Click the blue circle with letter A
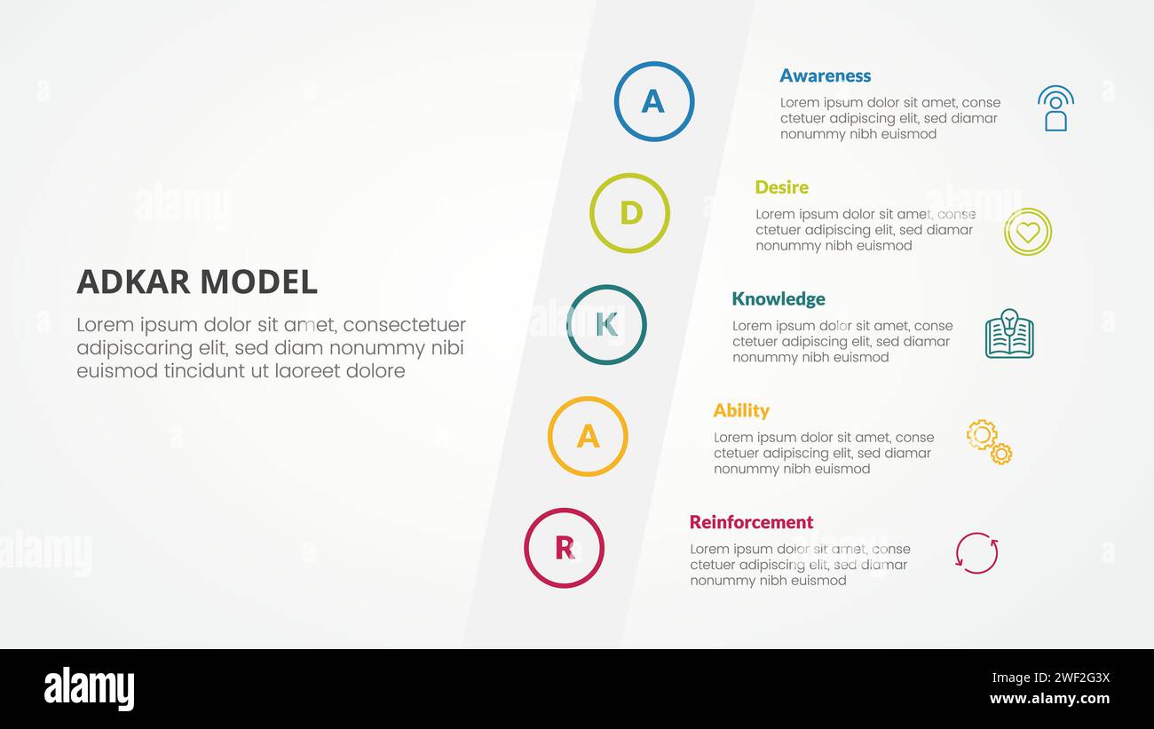pos(653,101)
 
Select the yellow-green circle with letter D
pos(629,213)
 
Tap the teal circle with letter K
pos(606,325)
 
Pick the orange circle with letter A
pos(588,436)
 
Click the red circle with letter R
pos(564,548)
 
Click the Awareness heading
pos(825,75)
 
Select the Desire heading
pos(781,187)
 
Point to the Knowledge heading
pos(778,299)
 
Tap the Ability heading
pos(740,410)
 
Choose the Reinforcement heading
pos(751,522)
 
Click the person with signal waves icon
pos(1055,108)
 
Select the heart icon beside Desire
pos(1028,232)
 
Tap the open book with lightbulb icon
pos(1009,334)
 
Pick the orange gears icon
pos(989,441)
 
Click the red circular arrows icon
pos(976,553)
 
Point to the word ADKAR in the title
pos(133,282)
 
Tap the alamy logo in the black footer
pos(89,690)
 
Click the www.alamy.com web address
pos(1049,699)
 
